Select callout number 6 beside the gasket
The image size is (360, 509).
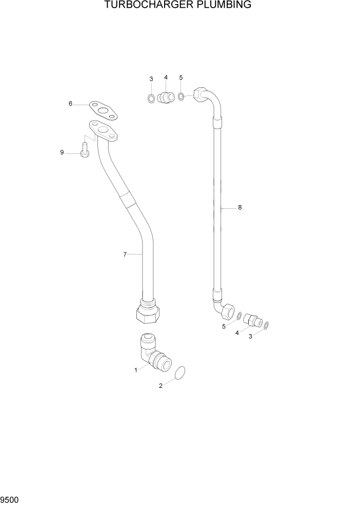point(70,104)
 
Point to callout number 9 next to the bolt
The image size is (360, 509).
point(62,152)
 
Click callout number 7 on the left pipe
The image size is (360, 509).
point(125,254)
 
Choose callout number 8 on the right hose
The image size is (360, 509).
point(239,208)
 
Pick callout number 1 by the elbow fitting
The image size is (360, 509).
point(136,369)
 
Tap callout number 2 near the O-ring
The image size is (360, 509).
point(161,386)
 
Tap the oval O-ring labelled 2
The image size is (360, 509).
point(180,374)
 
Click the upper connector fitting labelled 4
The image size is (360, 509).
point(166,96)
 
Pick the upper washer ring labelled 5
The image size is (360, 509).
point(182,96)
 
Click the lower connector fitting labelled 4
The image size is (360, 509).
point(252,320)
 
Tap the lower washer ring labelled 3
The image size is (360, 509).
point(267,325)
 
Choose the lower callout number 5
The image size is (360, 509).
point(224,326)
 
